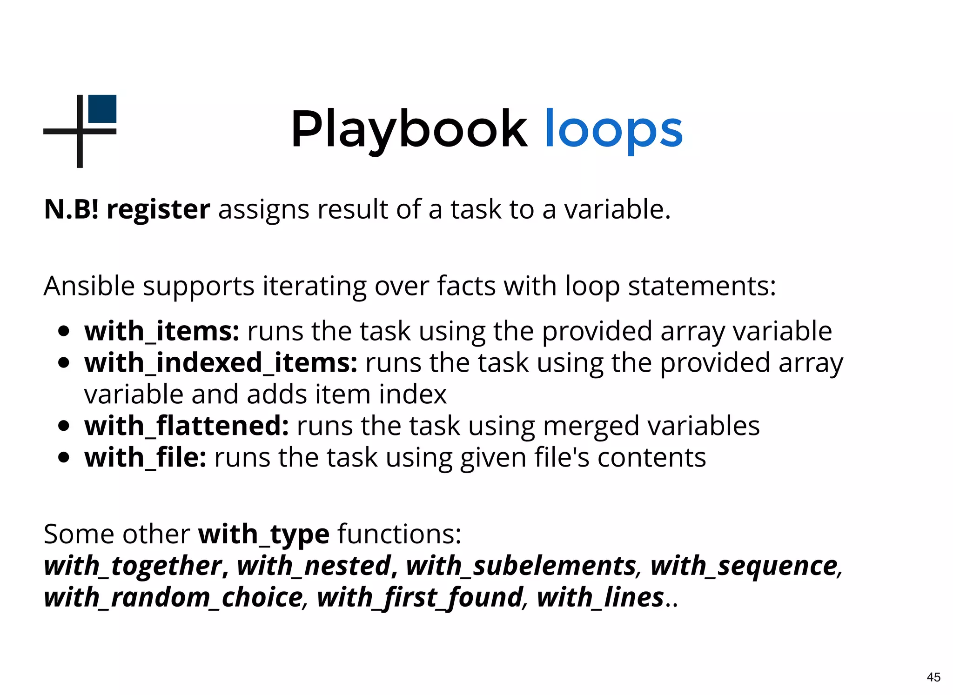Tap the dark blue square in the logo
click(x=102, y=109)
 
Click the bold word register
click(x=158, y=210)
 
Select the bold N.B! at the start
click(x=71, y=209)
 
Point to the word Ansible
click(x=89, y=286)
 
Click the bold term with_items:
click(x=161, y=332)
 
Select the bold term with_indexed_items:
click(x=221, y=363)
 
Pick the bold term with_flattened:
click(x=187, y=426)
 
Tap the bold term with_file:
click(x=145, y=458)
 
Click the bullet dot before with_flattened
click(x=64, y=426)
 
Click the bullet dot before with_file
click(x=64, y=458)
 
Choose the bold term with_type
click(x=264, y=535)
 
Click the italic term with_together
click(x=133, y=566)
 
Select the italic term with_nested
click(x=314, y=566)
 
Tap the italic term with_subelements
click(x=521, y=566)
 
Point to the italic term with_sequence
click(x=744, y=566)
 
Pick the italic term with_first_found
click(x=420, y=598)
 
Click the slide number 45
click(x=933, y=677)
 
